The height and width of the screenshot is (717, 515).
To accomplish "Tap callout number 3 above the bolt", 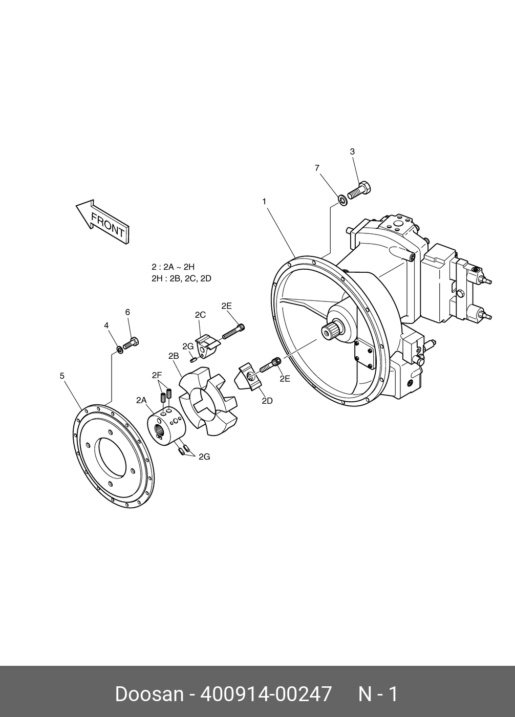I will click(352, 151).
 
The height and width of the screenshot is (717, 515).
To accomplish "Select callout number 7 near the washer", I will click(317, 168).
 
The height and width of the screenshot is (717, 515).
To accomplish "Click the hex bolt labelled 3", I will click(359, 190).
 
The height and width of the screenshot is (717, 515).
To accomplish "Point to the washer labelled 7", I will click(342, 199).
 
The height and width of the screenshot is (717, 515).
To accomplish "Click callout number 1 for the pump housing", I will click(264, 202).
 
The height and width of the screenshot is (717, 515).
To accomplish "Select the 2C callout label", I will click(200, 315).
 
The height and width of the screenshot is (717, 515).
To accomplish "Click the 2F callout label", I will click(157, 375).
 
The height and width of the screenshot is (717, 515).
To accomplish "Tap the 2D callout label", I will click(267, 401).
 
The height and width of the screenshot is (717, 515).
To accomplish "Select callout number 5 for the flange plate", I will click(62, 376).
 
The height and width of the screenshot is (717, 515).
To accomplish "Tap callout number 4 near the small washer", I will click(106, 325).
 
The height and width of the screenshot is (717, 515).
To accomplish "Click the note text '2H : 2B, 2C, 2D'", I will click(181, 278).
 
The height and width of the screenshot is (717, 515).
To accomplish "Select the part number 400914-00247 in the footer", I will click(266, 694).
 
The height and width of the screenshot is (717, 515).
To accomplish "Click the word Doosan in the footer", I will click(149, 694).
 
